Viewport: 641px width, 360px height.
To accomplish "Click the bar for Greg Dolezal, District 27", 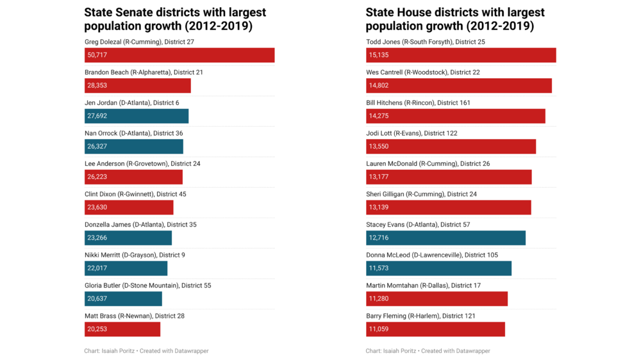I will pyautogui.click(x=179, y=55).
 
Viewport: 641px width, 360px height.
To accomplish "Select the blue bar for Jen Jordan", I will pyautogui.click(x=137, y=116).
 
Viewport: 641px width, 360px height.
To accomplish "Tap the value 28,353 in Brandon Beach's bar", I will pyautogui.click(x=97, y=86).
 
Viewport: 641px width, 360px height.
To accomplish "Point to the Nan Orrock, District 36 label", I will pyautogui.click(x=133, y=133).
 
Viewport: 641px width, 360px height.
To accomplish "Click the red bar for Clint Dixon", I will pyautogui.click(x=129, y=208).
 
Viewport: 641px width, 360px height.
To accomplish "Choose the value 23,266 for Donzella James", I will pyautogui.click(x=97, y=238).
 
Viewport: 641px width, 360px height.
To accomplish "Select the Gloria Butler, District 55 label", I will pyautogui.click(x=147, y=286).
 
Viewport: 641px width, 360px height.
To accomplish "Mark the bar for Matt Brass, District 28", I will pyautogui.click(x=122, y=329).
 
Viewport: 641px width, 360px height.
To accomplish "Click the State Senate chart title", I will pyautogui.click(x=175, y=19).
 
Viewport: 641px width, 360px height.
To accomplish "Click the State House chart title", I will pyautogui.click(x=455, y=19).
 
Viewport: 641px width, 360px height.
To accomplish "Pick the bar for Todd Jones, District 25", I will pyautogui.click(x=461, y=55).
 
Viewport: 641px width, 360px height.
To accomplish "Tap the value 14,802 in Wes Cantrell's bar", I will pyautogui.click(x=378, y=86).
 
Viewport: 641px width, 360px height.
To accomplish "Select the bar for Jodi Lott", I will pyautogui.click(x=451, y=147).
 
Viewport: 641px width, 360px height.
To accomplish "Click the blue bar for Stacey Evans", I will pyautogui.click(x=445, y=238).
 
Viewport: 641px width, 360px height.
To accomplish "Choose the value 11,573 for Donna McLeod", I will pyautogui.click(x=378, y=268).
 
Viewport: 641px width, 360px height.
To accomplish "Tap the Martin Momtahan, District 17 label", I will pyautogui.click(x=423, y=286).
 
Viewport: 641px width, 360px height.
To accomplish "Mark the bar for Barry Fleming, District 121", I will pyautogui.click(x=435, y=329).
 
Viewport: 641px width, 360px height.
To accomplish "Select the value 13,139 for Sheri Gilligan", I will pyautogui.click(x=378, y=208).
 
